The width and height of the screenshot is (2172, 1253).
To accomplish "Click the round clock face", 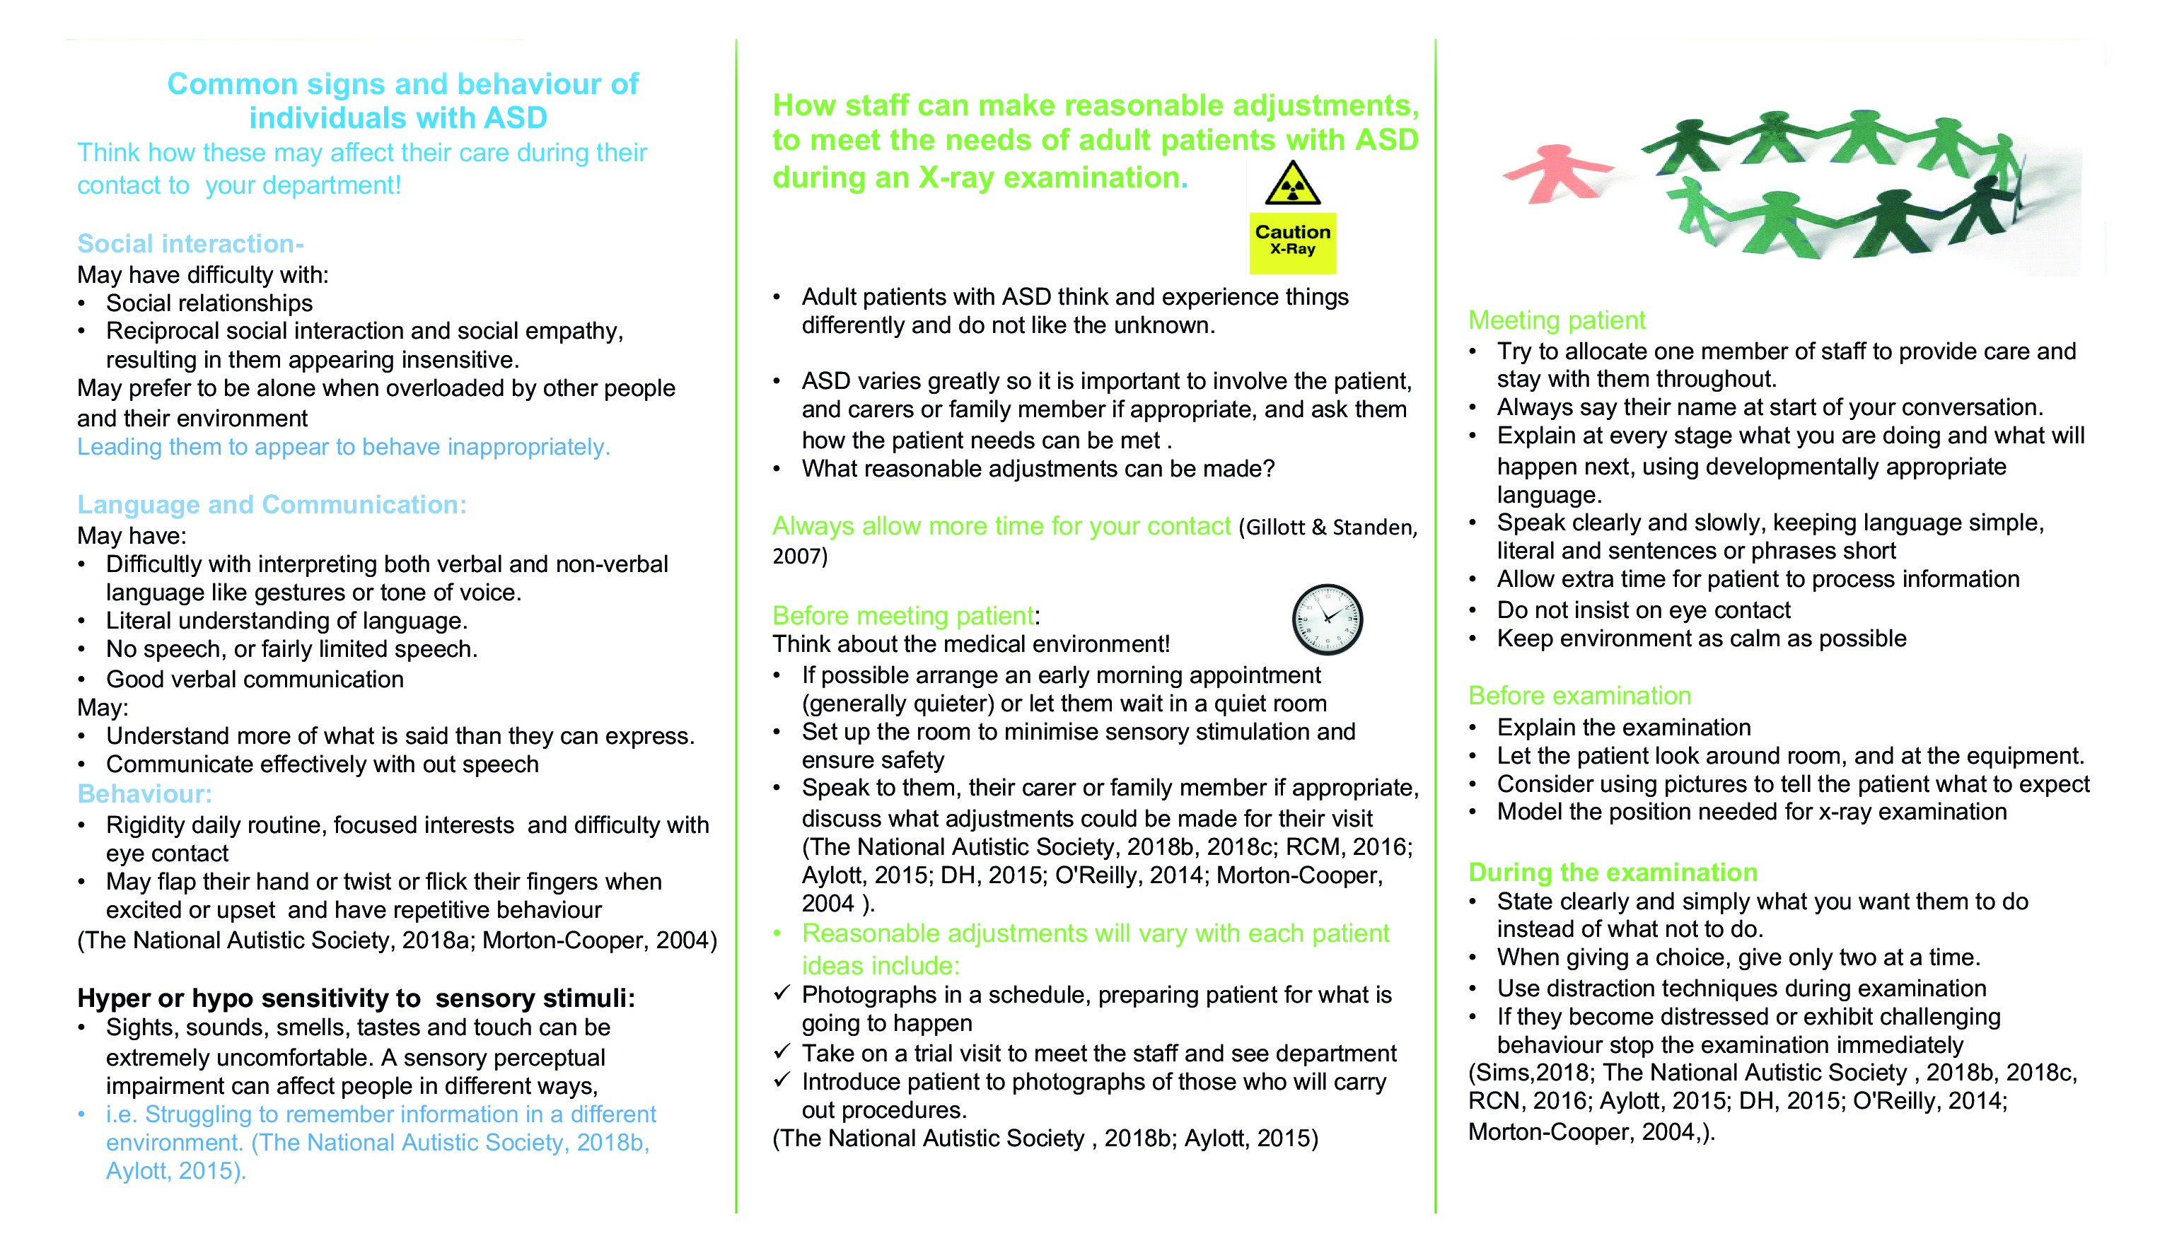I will click(1327, 619).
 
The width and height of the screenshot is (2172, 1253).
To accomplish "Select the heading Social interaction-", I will click(190, 243).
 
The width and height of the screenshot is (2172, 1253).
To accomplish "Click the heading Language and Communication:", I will click(272, 504).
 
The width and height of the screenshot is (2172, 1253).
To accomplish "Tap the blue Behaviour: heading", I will click(144, 793).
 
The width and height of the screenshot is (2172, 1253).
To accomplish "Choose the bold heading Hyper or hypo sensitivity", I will click(356, 998).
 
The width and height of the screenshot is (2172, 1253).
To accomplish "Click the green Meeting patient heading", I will click(1556, 320).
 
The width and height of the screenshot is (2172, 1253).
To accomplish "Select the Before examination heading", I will click(1579, 695).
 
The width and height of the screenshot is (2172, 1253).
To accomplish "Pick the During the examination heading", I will click(1613, 872).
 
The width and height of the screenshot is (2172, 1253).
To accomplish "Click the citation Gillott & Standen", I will click(1328, 527).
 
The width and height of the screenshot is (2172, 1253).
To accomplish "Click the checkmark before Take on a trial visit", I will click(782, 1051).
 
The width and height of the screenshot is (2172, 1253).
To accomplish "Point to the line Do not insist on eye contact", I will click(1643, 610).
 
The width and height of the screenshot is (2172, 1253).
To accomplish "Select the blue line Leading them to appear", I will click(343, 447).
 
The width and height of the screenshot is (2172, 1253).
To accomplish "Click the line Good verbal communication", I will click(255, 679).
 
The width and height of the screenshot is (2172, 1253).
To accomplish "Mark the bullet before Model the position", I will click(1473, 812).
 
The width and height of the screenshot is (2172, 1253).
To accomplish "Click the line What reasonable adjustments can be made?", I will click(1038, 469).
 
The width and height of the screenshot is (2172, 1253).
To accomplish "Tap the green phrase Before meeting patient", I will click(902, 615).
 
